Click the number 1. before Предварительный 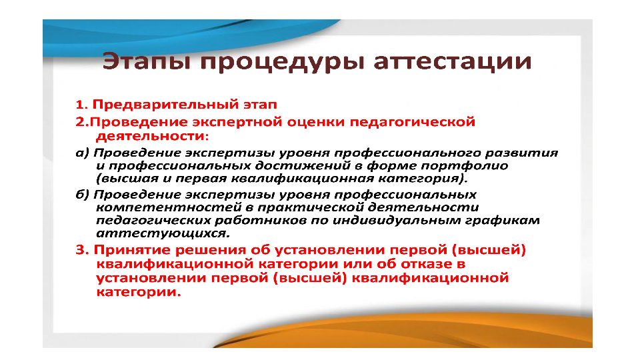pos(82,105)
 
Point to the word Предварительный pos(165,105)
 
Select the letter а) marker pos(82,153)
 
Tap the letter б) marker pos(82,194)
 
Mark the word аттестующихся pos(163,234)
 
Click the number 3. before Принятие pos(82,250)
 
